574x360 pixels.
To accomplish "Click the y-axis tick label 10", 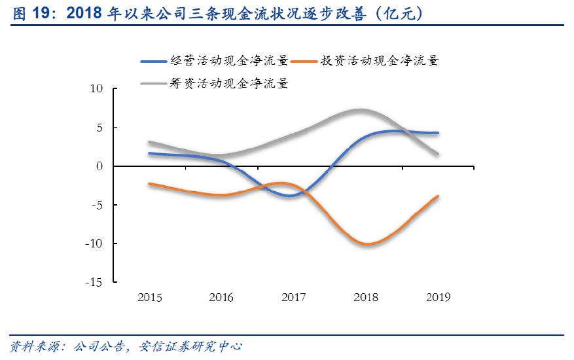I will click(x=96, y=89).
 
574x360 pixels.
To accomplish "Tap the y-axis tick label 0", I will click(x=100, y=166).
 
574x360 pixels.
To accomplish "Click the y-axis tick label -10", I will click(x=94, y=243).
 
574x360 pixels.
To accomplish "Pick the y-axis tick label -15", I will click(x=94, y=282).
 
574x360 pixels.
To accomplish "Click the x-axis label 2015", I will click(x=150, y=298).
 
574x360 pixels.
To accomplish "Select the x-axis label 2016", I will click(x=221, y=298).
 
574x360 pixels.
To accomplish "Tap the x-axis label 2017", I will click(x=293, y=298).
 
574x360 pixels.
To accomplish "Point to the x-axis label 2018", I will click(x=365, y=298).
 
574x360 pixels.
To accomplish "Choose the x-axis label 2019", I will click(x=437, y=298).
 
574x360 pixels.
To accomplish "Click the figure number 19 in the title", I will click(x=44, y=13).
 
